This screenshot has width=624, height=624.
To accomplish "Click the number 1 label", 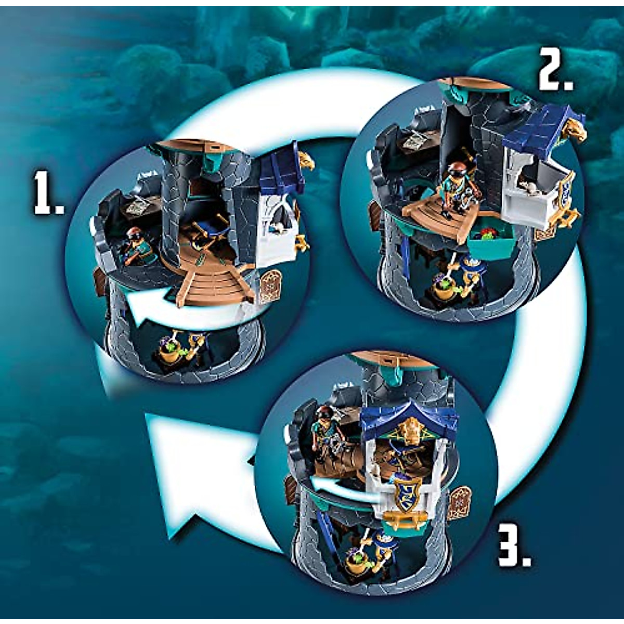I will (48, 193).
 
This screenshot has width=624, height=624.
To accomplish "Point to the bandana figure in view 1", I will (136, 248).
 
